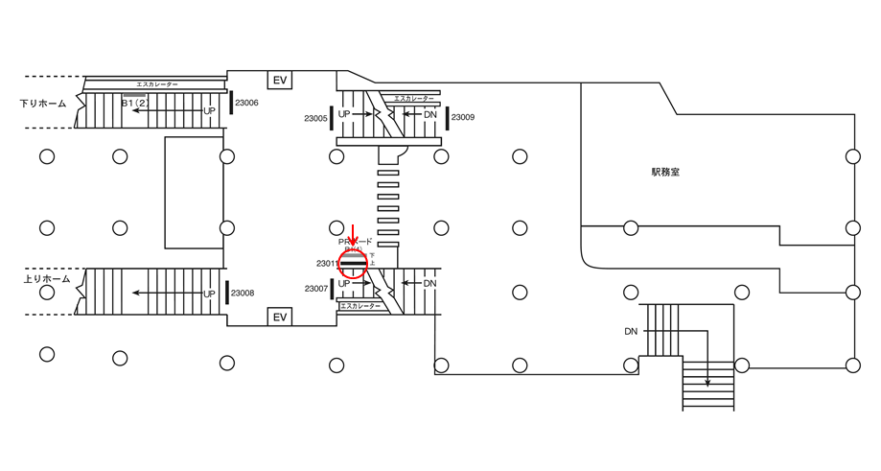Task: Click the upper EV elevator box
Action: [280, 80]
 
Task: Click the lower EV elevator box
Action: [280, 318]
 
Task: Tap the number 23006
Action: [246, 103]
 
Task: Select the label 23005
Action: [315, 118]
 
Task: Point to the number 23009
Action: [462, 117]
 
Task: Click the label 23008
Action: [242, 293]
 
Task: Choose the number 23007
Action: [316, 288]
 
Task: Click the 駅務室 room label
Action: [665, 173]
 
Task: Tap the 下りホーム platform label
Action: [44, 103]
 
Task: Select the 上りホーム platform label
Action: [46, 279]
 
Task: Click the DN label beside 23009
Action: [430, 114]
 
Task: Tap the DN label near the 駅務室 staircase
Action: [631, 331]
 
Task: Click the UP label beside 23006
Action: [209, 110]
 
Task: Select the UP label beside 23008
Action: [209, 294]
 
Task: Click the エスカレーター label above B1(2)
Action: [157, 85]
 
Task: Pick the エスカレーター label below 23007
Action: [360, 306]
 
